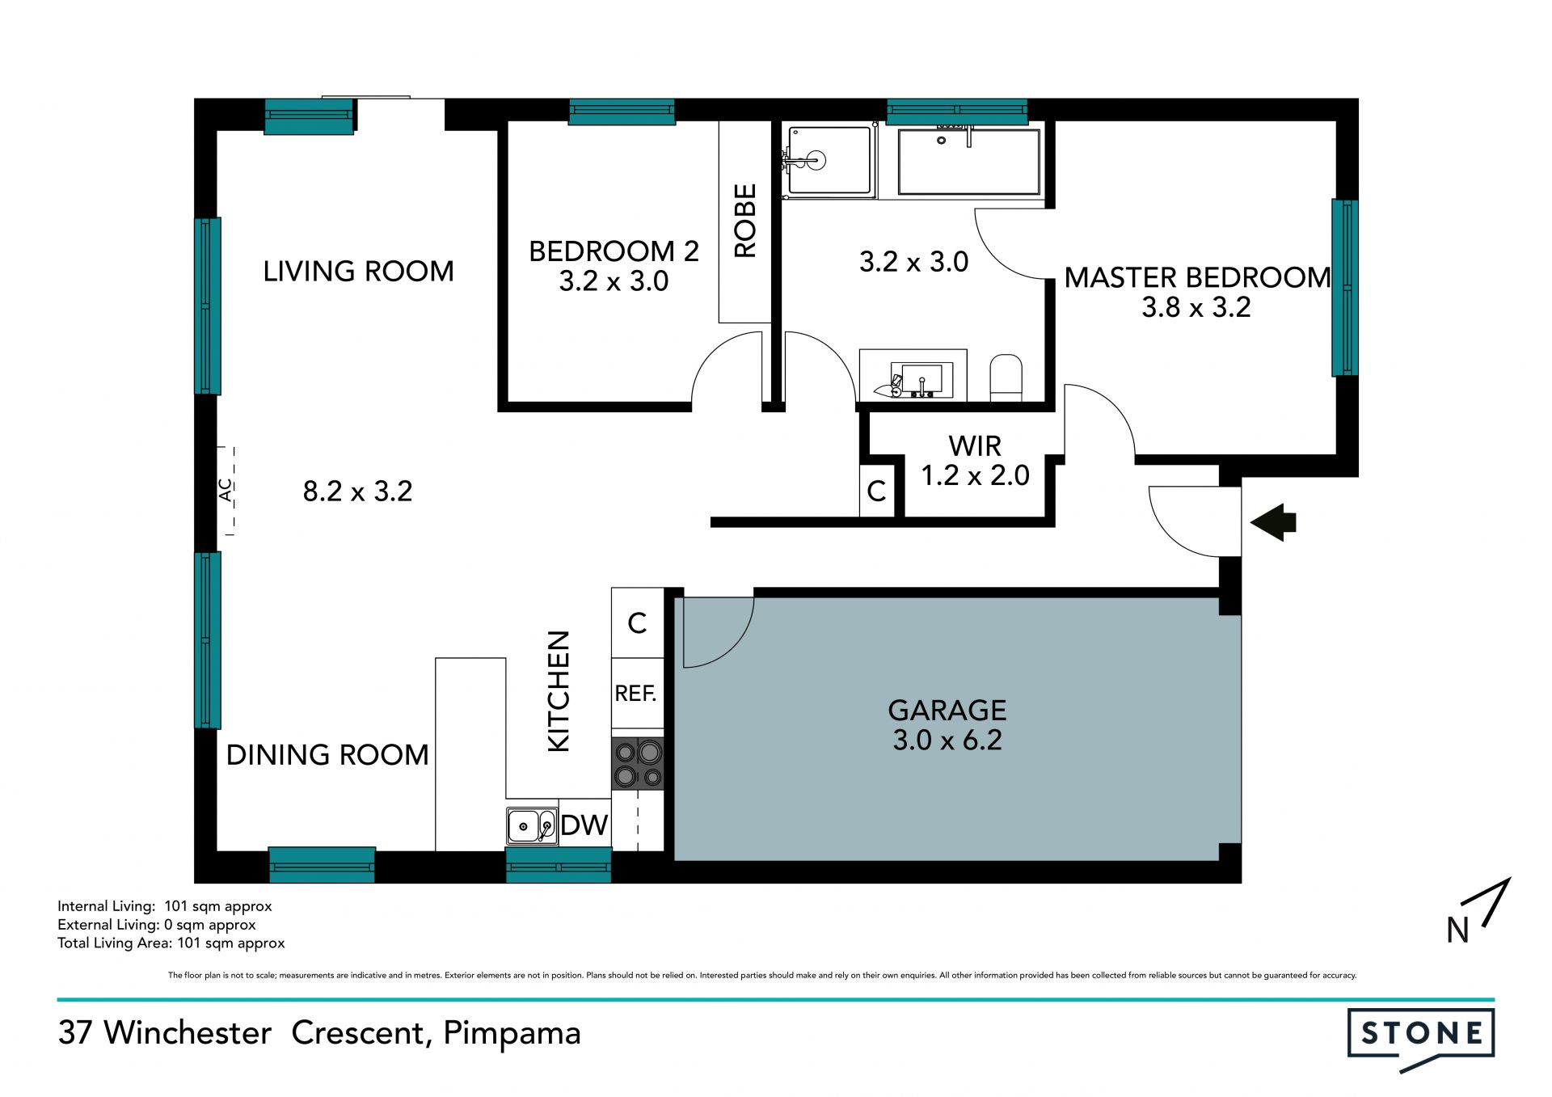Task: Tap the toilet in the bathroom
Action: coord(1006,378)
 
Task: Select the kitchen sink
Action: coord(532,826)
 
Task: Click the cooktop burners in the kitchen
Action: coord(638,764)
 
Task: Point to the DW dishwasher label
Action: coord(584,825)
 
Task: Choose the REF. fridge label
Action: coord(636,694)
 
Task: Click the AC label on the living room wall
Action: coord(226,490)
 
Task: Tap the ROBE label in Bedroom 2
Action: coord(744,221)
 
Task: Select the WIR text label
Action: coord(975,446)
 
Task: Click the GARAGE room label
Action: coord(947,711)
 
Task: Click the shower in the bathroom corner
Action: coord(829,161)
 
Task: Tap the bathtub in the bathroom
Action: coord(968,161)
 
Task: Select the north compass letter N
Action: coord(1457,930)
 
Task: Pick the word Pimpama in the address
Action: coord(512,1034)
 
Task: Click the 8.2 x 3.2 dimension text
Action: coord(357,491)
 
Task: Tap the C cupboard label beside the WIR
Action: coord(876,491)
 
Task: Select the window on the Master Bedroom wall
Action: coord(1345,288)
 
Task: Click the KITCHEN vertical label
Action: coord(559,691)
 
